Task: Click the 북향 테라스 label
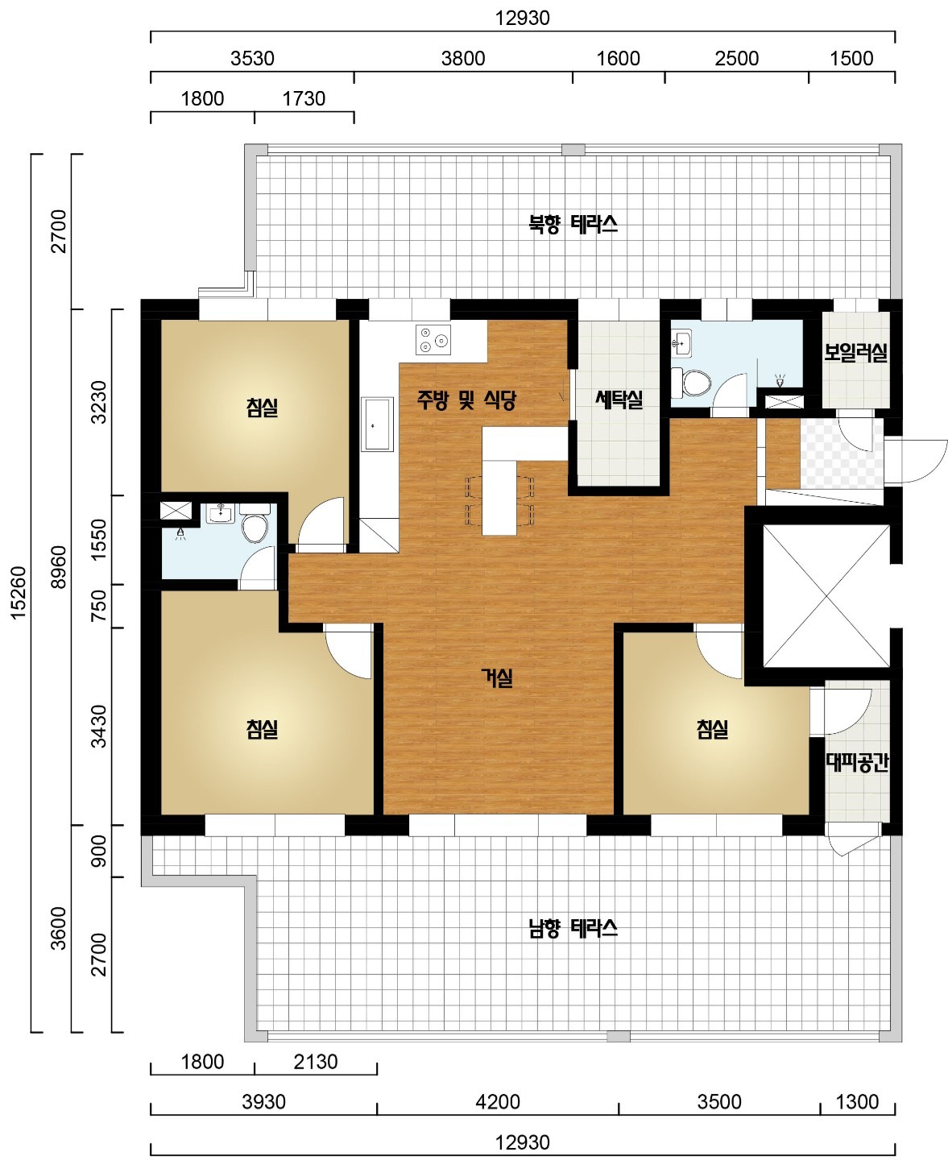[x=573, y=224]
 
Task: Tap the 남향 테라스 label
[x=573, y=929]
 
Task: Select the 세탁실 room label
[x=619, y=399]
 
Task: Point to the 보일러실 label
[x=855, y=352]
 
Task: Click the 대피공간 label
[x=858, y=762]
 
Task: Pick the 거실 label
[x=497, y=677]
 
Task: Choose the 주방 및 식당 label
[x=466, y=400]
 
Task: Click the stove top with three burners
[x=433, y=340]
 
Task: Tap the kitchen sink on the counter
[x=377, y=424]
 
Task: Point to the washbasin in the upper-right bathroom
[x=681, y=344]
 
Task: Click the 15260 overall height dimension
[x=19, y=592]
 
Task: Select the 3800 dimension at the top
[x=463, y=58]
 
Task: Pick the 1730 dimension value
[x=304, y=98]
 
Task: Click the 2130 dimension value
[x=315, y=1062]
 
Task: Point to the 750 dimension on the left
[x=99, y=605]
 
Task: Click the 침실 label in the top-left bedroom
[x=263, y=408]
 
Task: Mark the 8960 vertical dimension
[x=59, y=566]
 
